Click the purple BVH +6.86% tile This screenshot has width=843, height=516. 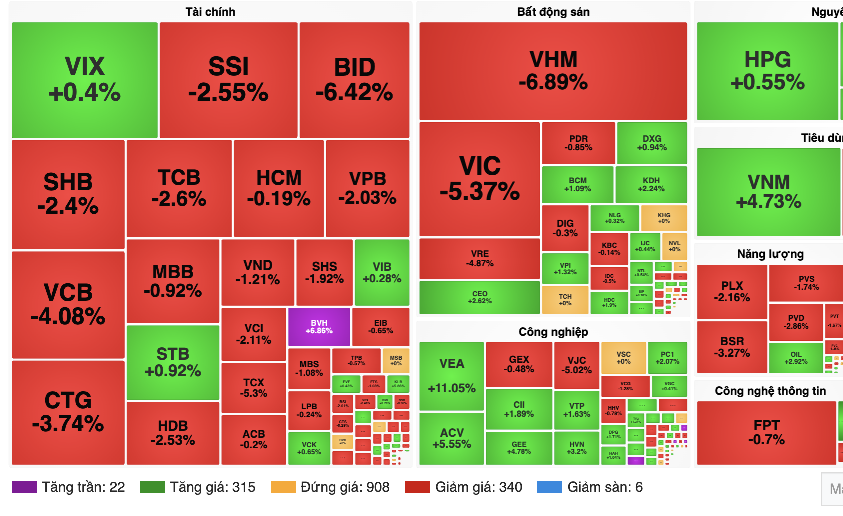pyautogui.click(x=319, y=327)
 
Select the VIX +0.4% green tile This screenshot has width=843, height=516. pyautogui.click(x=85, y=80)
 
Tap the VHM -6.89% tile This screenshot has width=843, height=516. pyautogui.click(x=553, y=71)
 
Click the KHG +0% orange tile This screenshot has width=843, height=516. pyautogui.click(x=664, y=218)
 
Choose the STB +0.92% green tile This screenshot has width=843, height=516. pyautogui.click(x=173, y=362)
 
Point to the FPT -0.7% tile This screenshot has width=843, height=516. pyautogui.click(x=766, y=433)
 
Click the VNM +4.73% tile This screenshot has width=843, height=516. pyautogui.click(x=768, y=192)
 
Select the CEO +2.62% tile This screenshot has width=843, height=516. pyautogui.click(x=480, y=297)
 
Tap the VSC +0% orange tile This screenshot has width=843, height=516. pyautogui.click(x=623, y=358)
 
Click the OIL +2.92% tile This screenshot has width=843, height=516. pyautogui.click(x=796, y=358)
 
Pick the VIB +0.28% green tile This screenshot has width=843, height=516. pyautogui.click(x=382, y=273)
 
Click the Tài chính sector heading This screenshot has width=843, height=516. pyautogui.click(x=210, y=12)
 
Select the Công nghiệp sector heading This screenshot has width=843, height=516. pyautogui.click(x=553, y=332)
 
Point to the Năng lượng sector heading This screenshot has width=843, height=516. pyautogui.click(x=770, y=254)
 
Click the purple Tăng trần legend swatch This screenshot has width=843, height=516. pyautogui.click(x=24, y=487)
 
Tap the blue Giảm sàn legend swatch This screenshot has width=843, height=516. pyautogui.click(x=550, y=487)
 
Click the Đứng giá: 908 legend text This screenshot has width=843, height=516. pyautogui.click(x=345, y=487)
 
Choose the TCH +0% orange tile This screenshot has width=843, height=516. pyautogui.click(x=565, y=299)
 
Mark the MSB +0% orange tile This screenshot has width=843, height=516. pyautogui.click(x=396, y=361)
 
